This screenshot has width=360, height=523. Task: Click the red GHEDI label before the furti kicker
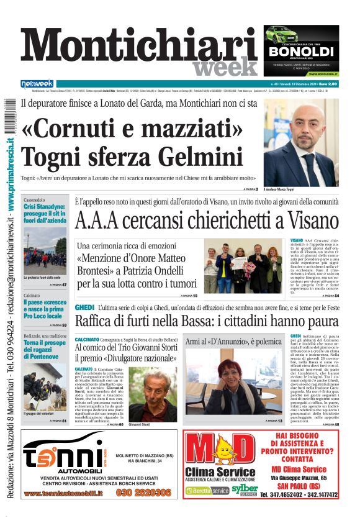coord(84,308)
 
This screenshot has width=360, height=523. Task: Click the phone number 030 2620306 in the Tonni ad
coord(143,493)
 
